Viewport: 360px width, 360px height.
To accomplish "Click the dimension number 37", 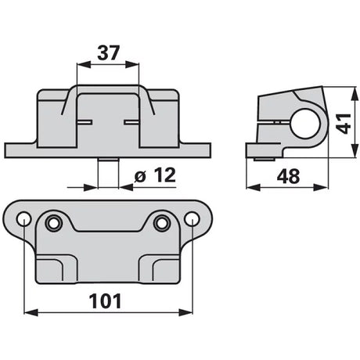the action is click(x=108, y=53).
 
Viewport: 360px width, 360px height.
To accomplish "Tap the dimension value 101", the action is click(x=106, y=301).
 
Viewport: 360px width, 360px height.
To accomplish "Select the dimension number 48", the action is click(x=289, y=176).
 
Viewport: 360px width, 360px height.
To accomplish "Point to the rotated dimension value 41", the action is click(x=344, y=124).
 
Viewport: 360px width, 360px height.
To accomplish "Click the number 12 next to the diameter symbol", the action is click(x=164, y=175).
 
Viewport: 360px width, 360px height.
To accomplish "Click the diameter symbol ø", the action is click(x=140, y=177).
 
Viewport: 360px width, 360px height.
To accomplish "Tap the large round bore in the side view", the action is click(x=305, y=124).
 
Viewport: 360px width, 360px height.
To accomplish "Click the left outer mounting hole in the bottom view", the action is click(x=24, y=219).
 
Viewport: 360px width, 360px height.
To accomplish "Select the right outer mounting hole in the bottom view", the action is click(x=192, y=219).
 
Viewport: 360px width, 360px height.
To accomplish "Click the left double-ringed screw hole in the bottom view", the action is click(x=54, y=223).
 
